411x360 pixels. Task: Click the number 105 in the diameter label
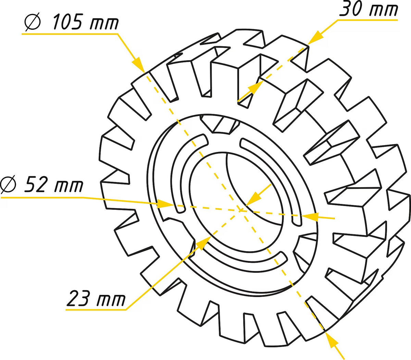coord(67,22)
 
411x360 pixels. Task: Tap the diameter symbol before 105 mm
coord(33,22)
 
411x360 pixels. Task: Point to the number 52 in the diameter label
coord(35,184)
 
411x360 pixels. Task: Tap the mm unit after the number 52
coord(68,186)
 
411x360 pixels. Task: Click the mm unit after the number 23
coord(111,300)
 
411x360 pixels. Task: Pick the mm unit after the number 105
coord(104,24)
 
